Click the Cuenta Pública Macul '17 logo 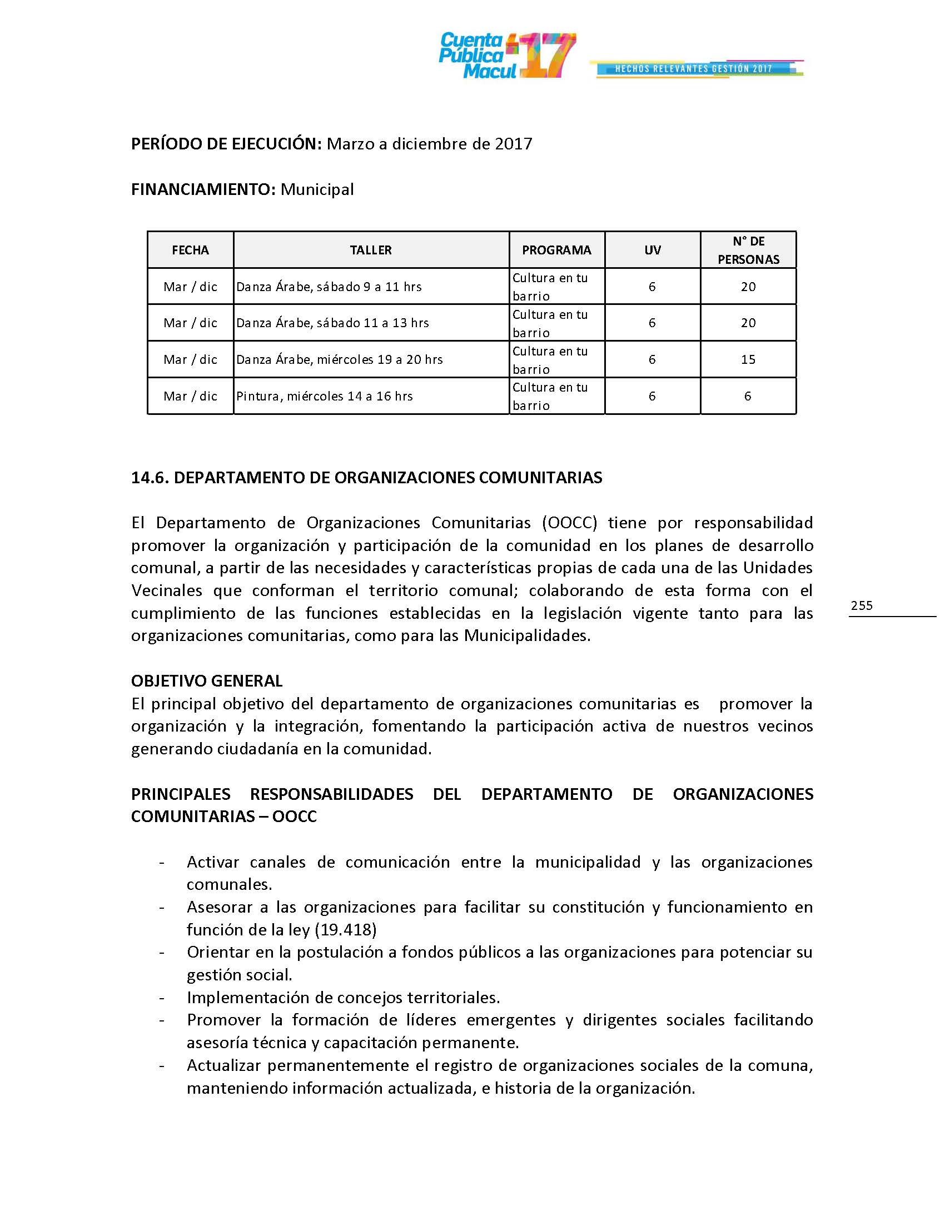click(x=506, y=56)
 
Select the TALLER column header click(x=371, y=250)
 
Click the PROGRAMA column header click(x=556, y=250)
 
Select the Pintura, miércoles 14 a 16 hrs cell click(x=325, y=396)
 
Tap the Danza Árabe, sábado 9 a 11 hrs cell click(x=329, y=287)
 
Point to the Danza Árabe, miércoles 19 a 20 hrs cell click(x=339, y=359)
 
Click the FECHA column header click(x=190, y=250)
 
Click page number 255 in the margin click(x=862, y=605)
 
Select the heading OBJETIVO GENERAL click(x=207, y=681)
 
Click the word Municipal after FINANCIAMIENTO click(x=317, y=189)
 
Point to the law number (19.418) click(x=345, y=930)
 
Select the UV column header click(x=652, y=250)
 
